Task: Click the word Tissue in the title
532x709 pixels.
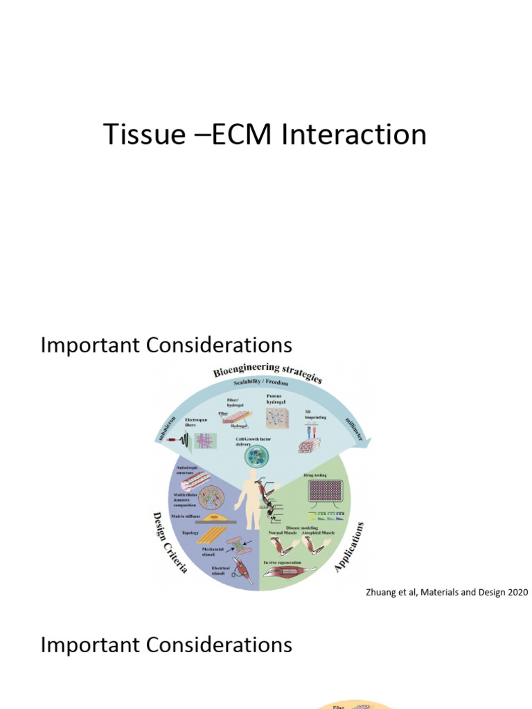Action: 142,134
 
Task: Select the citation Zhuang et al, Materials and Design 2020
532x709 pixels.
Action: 446,592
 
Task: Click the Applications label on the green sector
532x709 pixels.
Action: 350,547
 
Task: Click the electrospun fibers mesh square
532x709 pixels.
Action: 206,441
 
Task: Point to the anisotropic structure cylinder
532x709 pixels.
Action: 195,480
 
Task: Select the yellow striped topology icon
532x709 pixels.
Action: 211,535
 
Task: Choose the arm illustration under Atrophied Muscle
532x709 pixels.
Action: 317,546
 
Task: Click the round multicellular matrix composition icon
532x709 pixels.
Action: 210,498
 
